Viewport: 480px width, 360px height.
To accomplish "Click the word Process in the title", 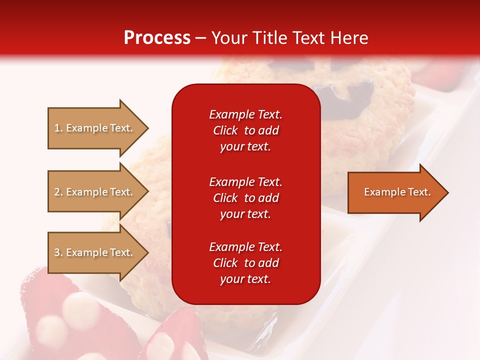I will pyautogui.click(x=157, y=38).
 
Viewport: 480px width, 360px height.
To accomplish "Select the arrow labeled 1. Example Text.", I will pyautogui.click(x=95, y=128).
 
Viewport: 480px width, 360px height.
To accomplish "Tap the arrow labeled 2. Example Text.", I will pyautogui.click(x=95, y=192).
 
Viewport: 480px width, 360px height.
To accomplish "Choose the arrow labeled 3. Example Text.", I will pyautogui.click(x=95, y=252).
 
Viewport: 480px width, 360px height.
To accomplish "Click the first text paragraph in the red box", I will pyautogui.click(x=245, y=130).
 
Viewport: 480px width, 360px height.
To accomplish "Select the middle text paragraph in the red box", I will pyautogui.click(x=245, y=198).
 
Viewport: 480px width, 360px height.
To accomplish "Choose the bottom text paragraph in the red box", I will pyautogui.click(x=245, y=263).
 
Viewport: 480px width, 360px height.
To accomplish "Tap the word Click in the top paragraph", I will pyautogui.click(x=225, y=130).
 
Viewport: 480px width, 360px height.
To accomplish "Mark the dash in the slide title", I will pyautogui.click(x=201, y=38).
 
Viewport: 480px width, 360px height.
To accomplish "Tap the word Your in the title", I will pyautogui.click(x=229, y=38).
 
